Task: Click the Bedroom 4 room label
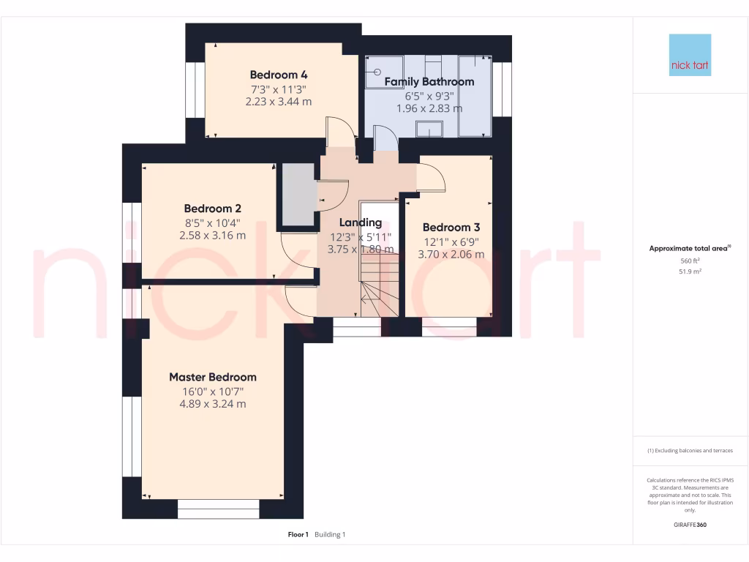pyautogui.click(x=278, y=75)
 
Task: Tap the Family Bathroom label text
pyautogui.click(x=429, y=82)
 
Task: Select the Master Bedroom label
pyautogui.click(x=213, y=378)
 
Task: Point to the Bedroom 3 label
pyautogui.click(x=451, y=228)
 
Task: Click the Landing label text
pyautogui.click(x=361, y=222)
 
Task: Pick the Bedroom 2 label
pyautogui.click(x=212, y=209)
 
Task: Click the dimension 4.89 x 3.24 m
pyautogui.click(x=213, y=404)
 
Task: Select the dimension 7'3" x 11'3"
pyautogui.click(x=278, y=89)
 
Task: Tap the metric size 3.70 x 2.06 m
pyautogui.click(x=451, y=255)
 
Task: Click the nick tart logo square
pyautogui.click(x=690, y=55)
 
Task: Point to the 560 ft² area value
pyautogui.click(x=690, y=261)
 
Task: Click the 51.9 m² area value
pyautogui.click(x=690, y=271)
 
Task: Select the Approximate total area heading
pyautogui.click(x=690, y=249)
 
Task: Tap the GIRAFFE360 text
pyautogui.click(x=690, y=525)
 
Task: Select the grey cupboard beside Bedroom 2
pyautogui.click(x=297, y=193)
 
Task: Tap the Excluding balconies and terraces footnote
pyautogui.click(x=690, y=451)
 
